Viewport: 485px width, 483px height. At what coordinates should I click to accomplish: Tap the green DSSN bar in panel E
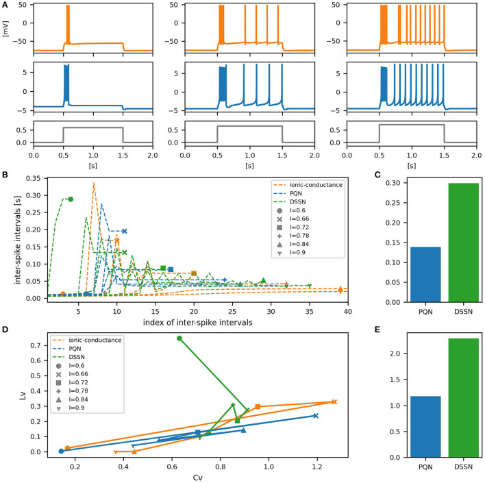450,397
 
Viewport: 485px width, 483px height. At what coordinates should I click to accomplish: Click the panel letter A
5,5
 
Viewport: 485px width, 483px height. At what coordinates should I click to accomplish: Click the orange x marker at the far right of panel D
334,402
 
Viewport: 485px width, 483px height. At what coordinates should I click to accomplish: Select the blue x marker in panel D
315,416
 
